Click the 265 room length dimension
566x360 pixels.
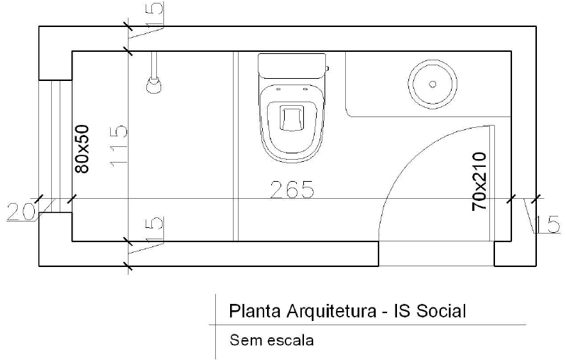point(292,190)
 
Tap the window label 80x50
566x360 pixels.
point(82,149)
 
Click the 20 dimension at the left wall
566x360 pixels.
point(21,212)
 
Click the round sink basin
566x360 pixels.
point(430,83)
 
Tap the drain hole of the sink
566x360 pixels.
point(431,84)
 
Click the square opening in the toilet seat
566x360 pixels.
point(292,117)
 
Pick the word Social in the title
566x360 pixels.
point(442,311)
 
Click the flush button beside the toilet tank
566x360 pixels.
point(327,69)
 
